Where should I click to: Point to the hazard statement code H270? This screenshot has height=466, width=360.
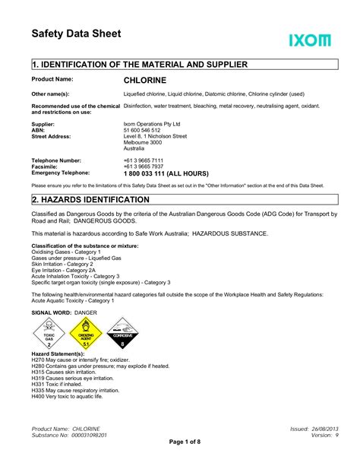pyautogui.click(x=38, y=360)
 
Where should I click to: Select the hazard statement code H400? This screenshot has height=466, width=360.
pyautogui.click(x=38, y=396)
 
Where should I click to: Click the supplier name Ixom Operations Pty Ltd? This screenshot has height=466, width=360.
pyautogui.click(x=151, y=124)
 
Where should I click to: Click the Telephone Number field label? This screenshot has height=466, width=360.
pyautogui.click(x=56, y=161)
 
